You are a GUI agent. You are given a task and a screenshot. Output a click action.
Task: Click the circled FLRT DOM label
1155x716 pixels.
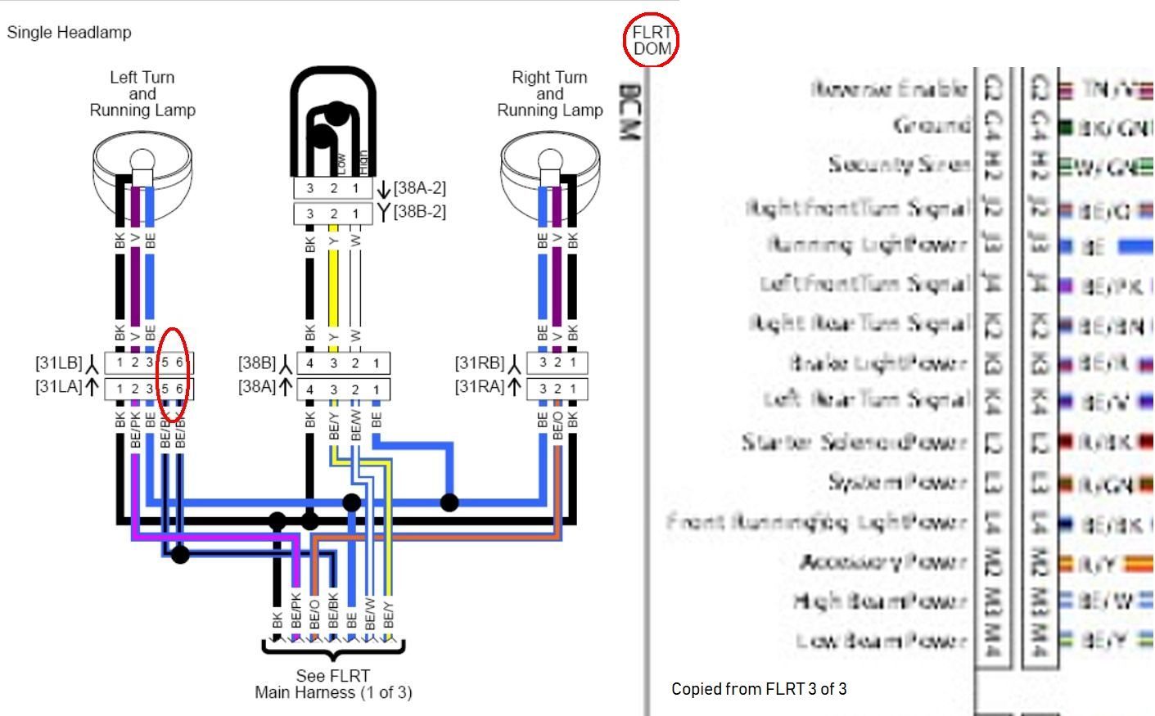[652, 39]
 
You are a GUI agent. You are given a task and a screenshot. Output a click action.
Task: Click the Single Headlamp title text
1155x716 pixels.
[69, 33]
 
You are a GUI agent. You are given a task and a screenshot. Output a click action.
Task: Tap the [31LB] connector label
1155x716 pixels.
[59, 363]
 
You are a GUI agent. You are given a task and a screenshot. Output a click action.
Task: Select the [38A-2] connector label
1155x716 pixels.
[419, 188]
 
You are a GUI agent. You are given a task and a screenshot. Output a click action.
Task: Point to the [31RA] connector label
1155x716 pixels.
[480, 387]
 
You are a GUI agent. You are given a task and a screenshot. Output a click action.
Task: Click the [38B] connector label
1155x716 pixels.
[257, 363]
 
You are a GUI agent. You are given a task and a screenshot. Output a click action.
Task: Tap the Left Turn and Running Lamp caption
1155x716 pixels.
[142, 93]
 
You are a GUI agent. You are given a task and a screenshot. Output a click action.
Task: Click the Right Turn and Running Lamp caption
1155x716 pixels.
[549, 93]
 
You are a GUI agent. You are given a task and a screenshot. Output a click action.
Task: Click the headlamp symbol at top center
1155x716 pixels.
[334, 123]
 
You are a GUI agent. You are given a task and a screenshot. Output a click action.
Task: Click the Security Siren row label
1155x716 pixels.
[898, 164]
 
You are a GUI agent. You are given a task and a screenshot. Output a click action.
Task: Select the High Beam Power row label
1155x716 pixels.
[880, 601]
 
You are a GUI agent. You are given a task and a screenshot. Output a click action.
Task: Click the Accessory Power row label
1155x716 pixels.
[883, 562]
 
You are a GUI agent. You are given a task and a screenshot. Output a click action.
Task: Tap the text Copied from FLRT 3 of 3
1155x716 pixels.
[759, 689]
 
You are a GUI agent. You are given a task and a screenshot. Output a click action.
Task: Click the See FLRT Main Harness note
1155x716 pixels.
[333, 684]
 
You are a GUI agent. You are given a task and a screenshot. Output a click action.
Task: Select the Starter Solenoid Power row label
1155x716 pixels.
[855, 443]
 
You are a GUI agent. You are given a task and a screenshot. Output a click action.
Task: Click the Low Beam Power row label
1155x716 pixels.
[882, 640]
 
